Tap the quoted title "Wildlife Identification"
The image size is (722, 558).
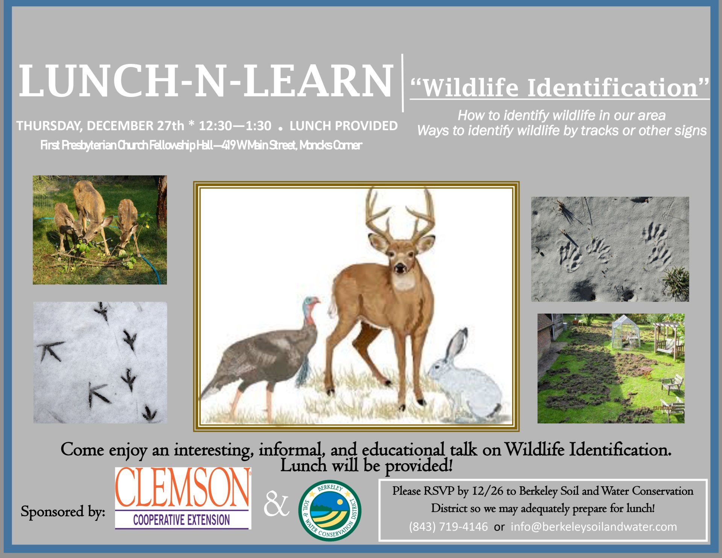click(x=560, y=87)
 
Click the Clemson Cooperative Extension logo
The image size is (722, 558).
click(x=183, y=498)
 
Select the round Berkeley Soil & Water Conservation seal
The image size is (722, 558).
click(x=330, y=511)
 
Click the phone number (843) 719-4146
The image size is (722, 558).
click(x=448, y=527)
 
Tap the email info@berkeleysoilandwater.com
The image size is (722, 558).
click(x=594, y=527)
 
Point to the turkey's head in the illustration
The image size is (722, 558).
click(x=311, y=305)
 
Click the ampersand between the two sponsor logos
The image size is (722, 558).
click(x=276, y=506)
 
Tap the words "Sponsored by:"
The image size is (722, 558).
click(x=63, y=512)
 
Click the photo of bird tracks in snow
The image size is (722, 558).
click(x=100, y=362)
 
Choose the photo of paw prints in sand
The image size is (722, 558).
click(x=610, y=249)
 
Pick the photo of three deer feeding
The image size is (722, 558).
click(x=100, y=230)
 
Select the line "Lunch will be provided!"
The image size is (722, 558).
click(x=366, y=466)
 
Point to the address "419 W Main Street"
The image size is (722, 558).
click(x=259, y=146)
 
